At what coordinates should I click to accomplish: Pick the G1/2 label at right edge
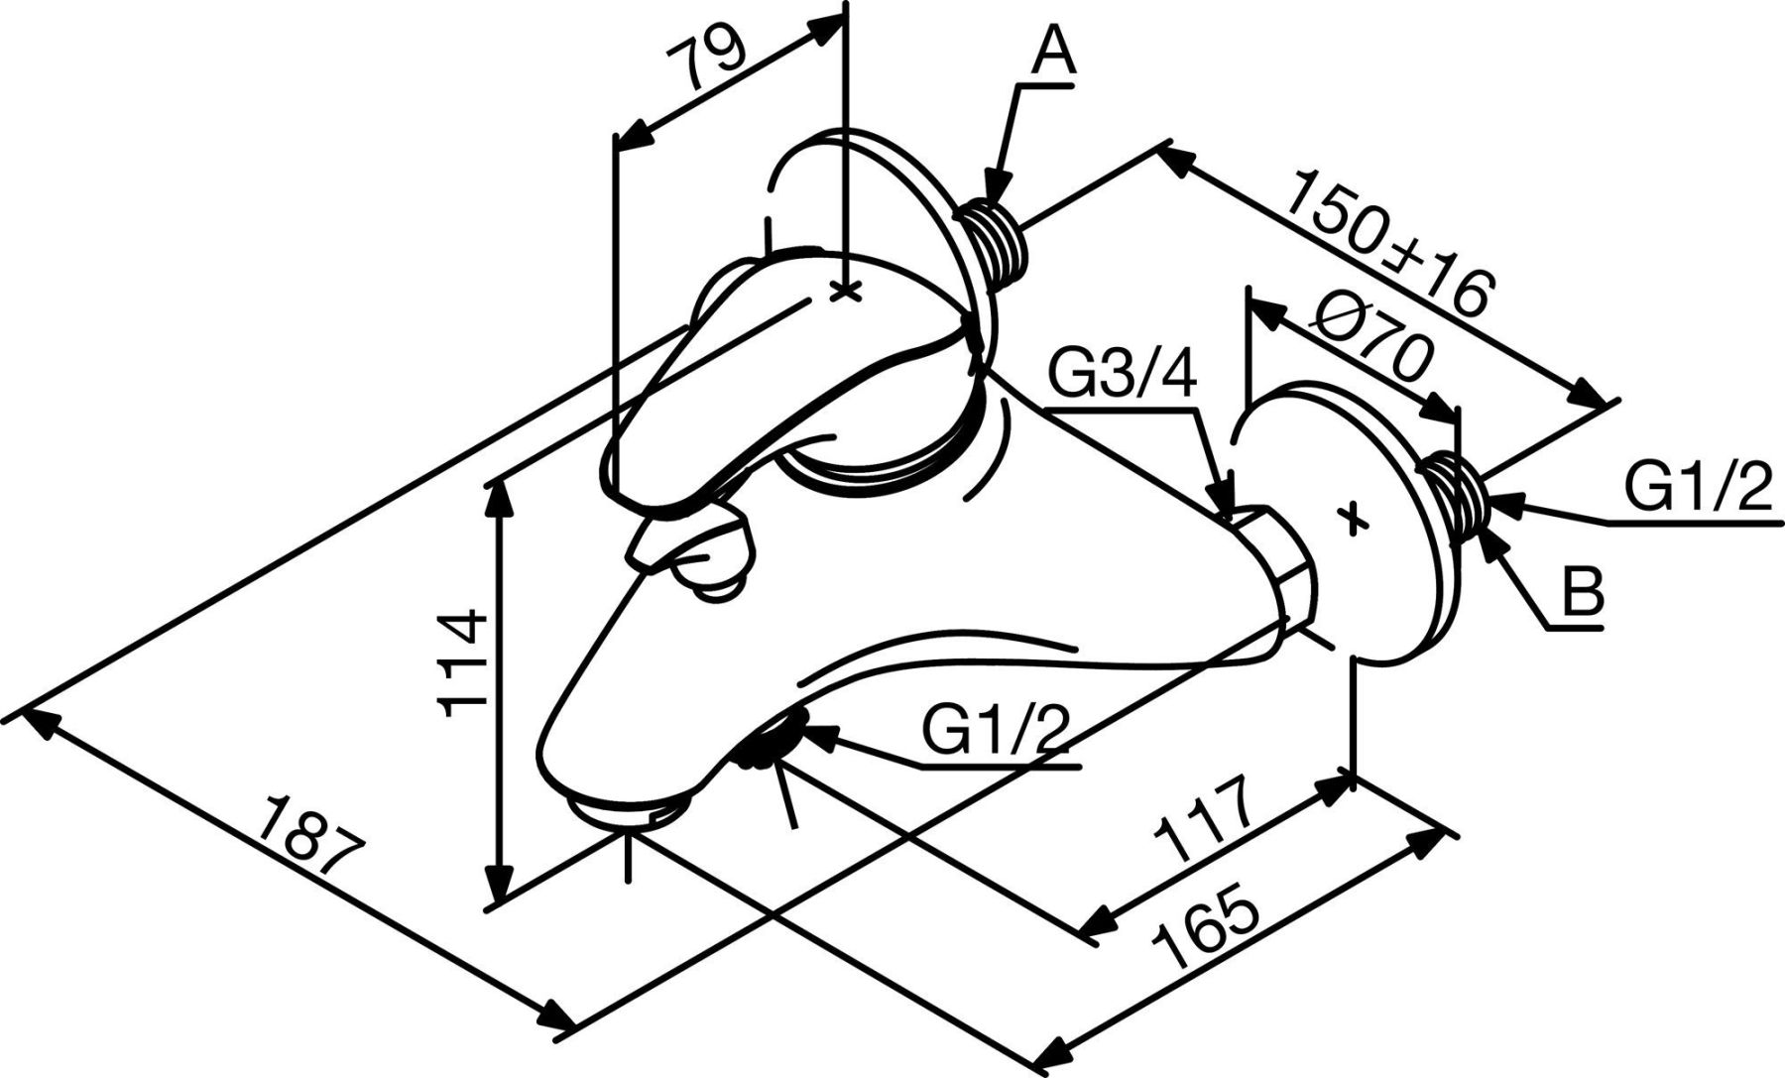pyautogui.click(x=1697, y=488)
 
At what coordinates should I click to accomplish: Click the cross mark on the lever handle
pyautogui.click(x=845, y=292)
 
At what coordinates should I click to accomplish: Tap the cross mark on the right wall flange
pyautogui.click(x=1352, y=517)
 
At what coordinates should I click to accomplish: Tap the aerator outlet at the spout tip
pyautogui.click(x=627, y=810)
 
